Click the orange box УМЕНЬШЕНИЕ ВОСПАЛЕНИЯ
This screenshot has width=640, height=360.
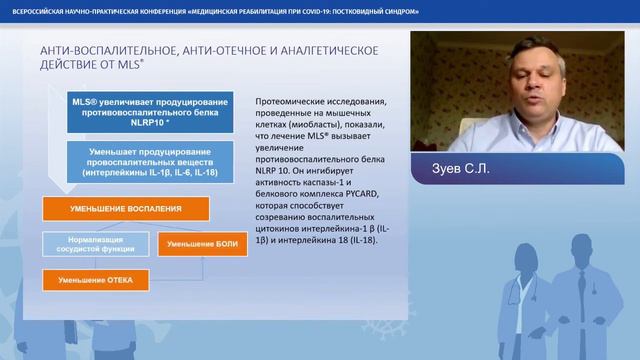pos(125,209)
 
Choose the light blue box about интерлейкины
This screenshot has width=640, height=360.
pos(149,163)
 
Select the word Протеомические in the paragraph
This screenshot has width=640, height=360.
pos(300,102)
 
